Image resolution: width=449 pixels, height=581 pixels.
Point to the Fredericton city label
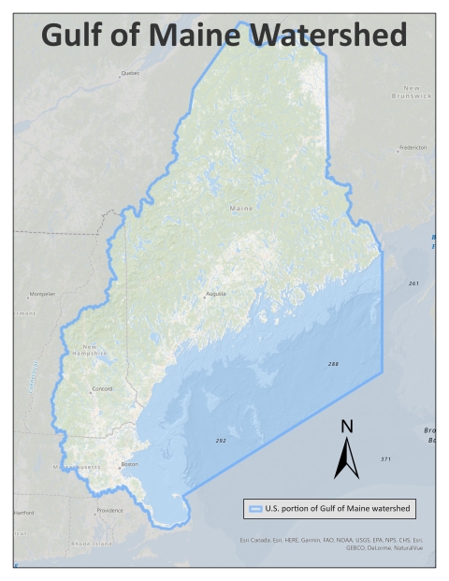pos(412,148)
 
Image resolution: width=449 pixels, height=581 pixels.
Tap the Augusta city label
pos(216,295)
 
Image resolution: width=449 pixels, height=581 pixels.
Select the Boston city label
pos(130,465)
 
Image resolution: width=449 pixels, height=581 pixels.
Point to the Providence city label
pos(109,511)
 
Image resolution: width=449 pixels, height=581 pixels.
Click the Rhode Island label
pos(90,544)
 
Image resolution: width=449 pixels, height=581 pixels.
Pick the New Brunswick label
pos(412,92)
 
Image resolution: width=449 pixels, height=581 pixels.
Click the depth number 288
pos(333,363)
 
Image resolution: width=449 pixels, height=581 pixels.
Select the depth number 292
pos(221,440)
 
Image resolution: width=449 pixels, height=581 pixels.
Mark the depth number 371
pos(385,459)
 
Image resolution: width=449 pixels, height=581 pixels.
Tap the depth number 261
pos(413,283)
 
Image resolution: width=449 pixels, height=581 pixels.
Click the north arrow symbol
pos(346,451)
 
